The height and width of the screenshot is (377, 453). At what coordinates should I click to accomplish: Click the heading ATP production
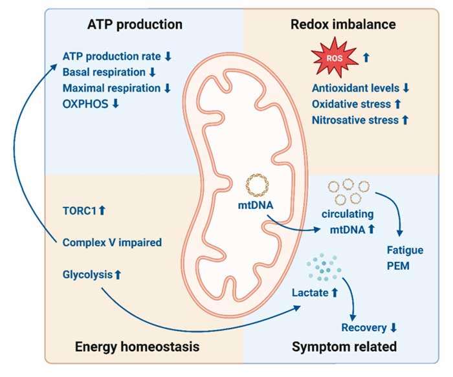pos(135,25)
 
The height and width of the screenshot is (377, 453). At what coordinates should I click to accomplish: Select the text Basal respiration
pos(105,72)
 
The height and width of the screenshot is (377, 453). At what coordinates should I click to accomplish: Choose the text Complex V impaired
pos(107,242)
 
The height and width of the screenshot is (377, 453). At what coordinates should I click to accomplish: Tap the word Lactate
pos(311,292)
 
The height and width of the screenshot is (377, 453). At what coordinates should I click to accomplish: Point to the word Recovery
pos(363,327)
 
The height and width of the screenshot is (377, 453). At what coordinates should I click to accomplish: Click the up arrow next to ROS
pos(366,58)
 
